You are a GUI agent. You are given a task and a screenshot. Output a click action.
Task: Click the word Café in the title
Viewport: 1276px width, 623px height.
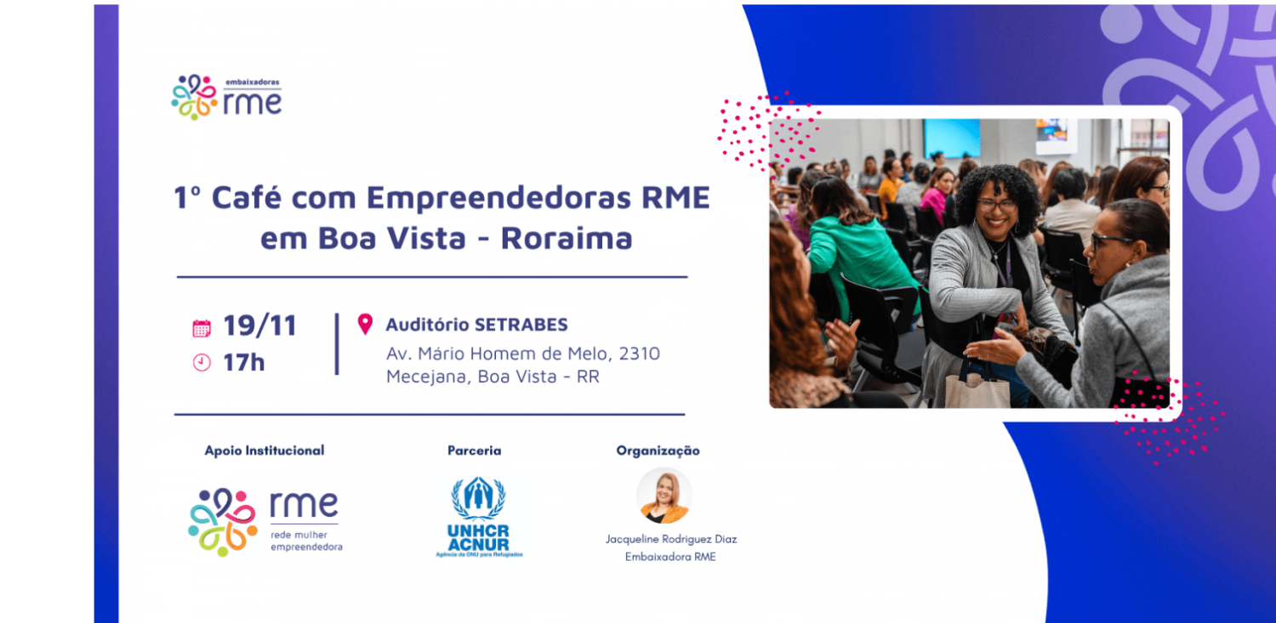[x=253, y=198]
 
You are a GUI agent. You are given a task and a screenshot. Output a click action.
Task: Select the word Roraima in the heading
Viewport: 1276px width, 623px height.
[x=567, y=238]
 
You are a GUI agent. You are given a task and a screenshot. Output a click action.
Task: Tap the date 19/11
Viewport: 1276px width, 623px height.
[x=259, y=326]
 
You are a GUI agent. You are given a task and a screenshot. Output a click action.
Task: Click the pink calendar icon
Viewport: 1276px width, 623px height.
[x=202, y=328]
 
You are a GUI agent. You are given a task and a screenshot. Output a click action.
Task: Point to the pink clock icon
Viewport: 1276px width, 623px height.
[x=202, y=363]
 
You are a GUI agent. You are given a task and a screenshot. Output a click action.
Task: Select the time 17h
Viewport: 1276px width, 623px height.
[x=244, y=363]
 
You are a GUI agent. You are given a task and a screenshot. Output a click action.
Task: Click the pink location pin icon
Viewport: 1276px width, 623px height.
[x=365, y=324]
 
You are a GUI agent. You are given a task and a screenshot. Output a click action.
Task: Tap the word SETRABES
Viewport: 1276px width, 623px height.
[x=521, y=325]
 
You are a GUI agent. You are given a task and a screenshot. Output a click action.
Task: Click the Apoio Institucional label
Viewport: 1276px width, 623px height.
[x=265, y=450]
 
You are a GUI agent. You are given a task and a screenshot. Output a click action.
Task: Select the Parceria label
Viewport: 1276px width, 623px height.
[x=475, y=450]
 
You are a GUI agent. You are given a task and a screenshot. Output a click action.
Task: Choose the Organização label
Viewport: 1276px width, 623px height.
[x=658, y=450]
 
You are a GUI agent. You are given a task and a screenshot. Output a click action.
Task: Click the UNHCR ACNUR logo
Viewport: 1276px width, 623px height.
[x=478, y=518]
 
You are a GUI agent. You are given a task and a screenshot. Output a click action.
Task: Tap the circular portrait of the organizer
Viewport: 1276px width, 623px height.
[x=664, y=496]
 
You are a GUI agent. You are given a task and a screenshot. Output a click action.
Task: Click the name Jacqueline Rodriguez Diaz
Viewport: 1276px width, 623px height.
[x=671, y=539]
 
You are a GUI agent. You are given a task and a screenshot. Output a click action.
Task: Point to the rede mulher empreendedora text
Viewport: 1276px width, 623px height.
[x=306, y=541]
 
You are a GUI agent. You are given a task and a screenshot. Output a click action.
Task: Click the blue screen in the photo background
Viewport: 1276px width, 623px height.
[x=952, y=138]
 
